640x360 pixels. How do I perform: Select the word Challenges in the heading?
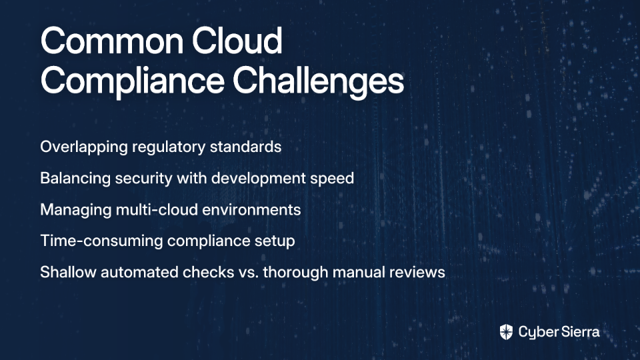(319, 81)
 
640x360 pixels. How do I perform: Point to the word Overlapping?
(84, 147)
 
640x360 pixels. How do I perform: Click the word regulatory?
(169, 147)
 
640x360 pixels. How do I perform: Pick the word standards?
(246, 147)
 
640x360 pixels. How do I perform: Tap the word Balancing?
(75, 179)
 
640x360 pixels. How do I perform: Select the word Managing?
(76, 210)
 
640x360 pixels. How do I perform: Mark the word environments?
(251, 210)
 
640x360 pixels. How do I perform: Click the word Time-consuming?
(101, 241)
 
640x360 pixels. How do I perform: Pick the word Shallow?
(68, 272)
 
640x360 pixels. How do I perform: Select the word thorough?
(295, 273)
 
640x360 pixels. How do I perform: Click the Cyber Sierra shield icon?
(506, 332)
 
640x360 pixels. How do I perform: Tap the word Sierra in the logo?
(579, 332)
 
